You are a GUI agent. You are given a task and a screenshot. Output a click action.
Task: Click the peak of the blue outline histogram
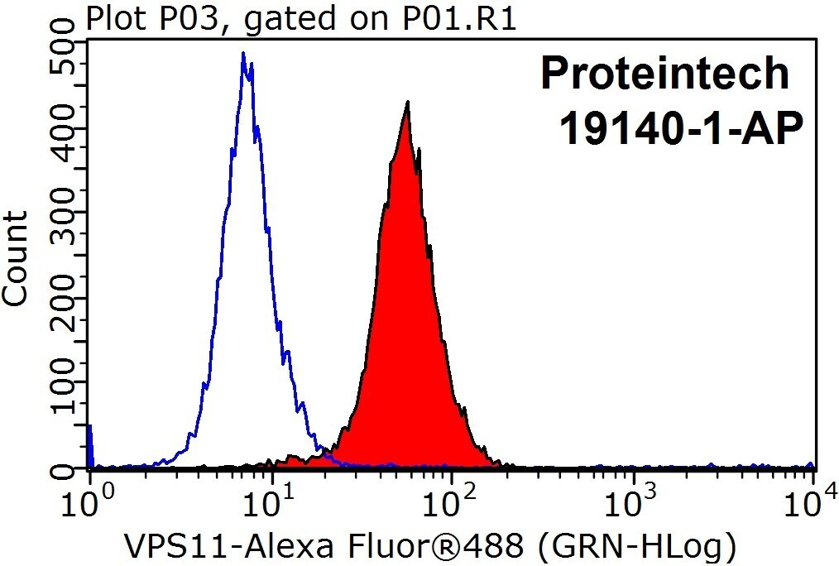pyautogui.click(x=243, y=52)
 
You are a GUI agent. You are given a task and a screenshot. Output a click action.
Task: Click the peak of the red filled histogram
pyautogui.click(x=408, y=102)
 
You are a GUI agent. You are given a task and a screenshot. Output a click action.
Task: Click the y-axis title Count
pyautogui.click(x=15, y=259)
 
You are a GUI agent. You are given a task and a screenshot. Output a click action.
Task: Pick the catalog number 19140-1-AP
pyautogui.click(x=681, y=128)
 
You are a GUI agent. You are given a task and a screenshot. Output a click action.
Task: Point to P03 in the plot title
pyautogui.click(x=198, y=19)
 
